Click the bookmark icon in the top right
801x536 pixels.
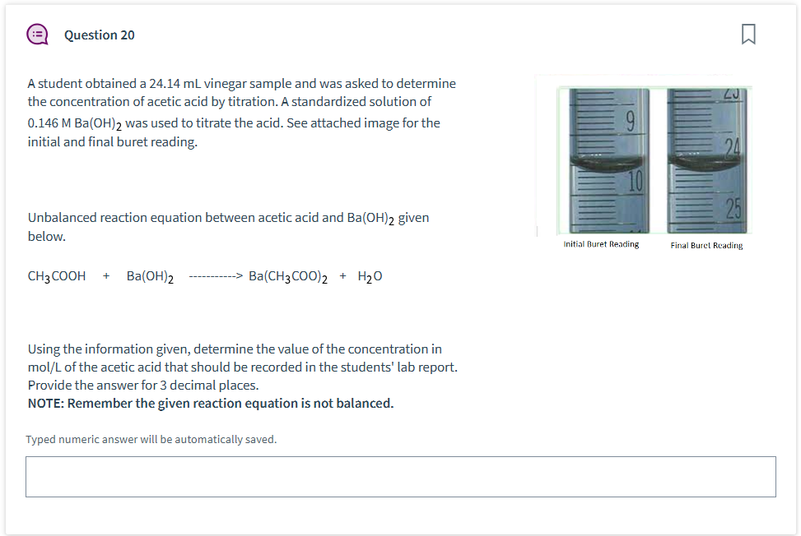tap(748, 35)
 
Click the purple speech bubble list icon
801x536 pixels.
tap(37, 35)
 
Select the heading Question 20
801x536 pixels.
tap(99, 35)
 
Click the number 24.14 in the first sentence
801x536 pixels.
tap(165, 83)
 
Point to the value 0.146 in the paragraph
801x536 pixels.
tap(43, 123)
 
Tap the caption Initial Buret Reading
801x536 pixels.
tap(601, 244)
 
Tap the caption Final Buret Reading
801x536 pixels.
tap(706, 245)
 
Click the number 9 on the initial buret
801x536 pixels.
tap(631, 122)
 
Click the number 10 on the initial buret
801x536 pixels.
tap(635, 182)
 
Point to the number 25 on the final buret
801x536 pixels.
tap(733, 208)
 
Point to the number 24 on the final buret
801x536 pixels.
tap(733, 148)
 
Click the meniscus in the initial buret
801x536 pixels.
tap(606, 163)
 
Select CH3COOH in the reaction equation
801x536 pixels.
tap(57, 276)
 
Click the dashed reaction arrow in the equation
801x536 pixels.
tap(216, 276)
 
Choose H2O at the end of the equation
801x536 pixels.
tap(370, 276)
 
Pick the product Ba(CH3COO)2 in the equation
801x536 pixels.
tap(288, 276)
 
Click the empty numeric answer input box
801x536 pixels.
tap(400, 477)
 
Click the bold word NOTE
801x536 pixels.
tap(45, 404)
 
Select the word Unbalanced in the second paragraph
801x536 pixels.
tap(62, 218)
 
